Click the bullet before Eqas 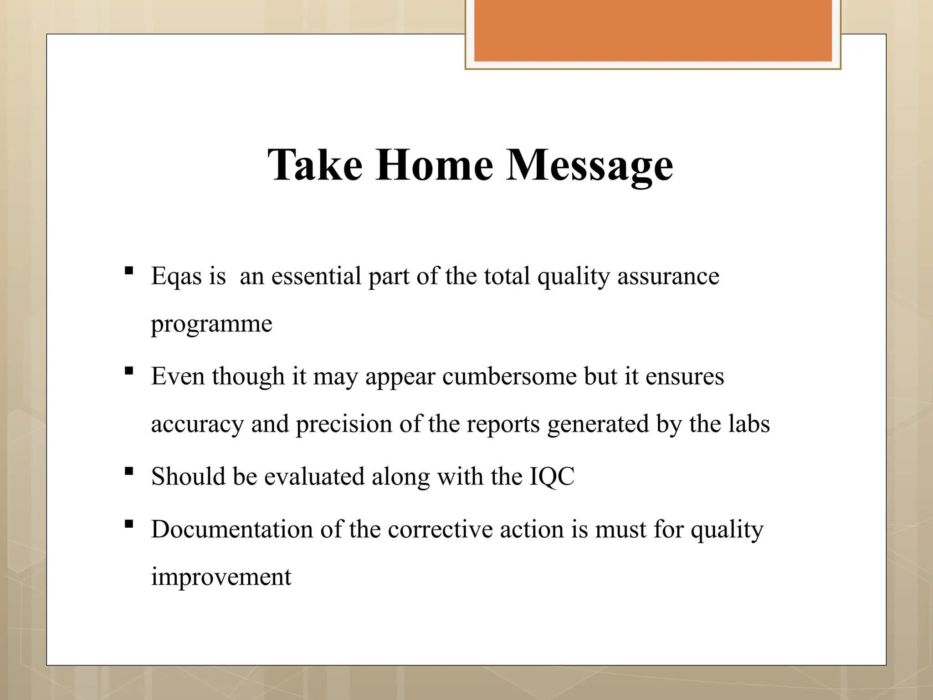pyautogui.click(x=129, y=271)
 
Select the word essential pyautogui.click(x=316, y=276)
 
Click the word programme pyautogui.click(x=211, y=324)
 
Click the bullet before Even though pyautogui.click(x=129, y=371)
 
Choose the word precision pyautogui.click(x=344, y=425)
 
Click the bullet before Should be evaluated pyautogui.click(x=129, y=471)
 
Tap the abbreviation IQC pyautogui.click(x=552, y=477)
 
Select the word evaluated pyautogui.click(x=314, y=477)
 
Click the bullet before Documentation pyautogui.click(x=129, y=524)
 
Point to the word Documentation pyautogui.click(x=232, y=530)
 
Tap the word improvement pyautogui.click(x=221, y=577)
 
